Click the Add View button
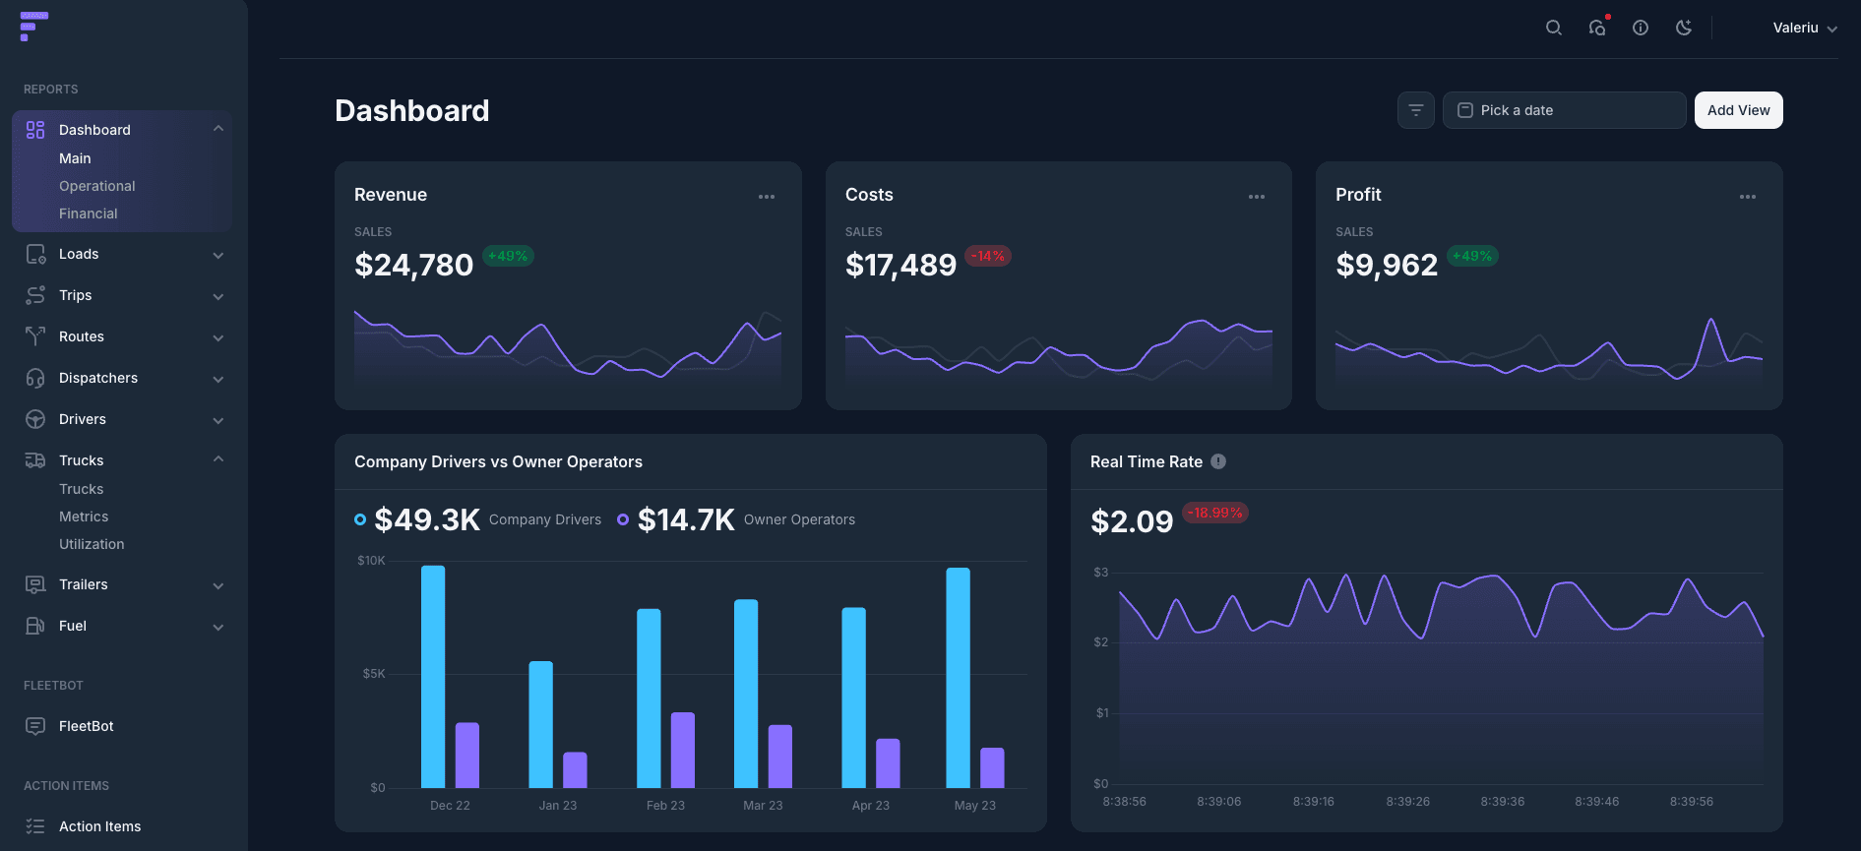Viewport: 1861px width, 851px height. click(1738, 110)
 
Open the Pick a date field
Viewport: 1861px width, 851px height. click(1563, 110)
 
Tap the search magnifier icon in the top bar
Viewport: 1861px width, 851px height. click(1553, 28)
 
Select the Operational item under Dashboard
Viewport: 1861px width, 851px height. click(96, 186)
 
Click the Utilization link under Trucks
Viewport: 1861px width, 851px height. click(92, 544)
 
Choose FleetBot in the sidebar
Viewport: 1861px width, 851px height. click(86, 726)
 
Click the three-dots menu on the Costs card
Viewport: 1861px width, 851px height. click(1256, 197)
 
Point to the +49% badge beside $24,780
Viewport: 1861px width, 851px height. click(508, 256)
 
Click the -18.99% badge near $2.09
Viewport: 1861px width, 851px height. click(1214, 513)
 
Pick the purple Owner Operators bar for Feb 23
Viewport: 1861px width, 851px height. click(682, 750)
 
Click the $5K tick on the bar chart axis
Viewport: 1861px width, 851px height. click(374, 674)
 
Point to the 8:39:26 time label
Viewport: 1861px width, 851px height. click(1407, 802)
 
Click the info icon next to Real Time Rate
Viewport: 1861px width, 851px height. click(1218, 461)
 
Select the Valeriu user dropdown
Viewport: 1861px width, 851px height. click(1804, 28)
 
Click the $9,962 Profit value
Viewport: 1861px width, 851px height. click(1386, 265)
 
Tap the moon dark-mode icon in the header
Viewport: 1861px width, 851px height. click(1684, 28)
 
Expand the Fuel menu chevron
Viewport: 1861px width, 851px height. click(218, 627)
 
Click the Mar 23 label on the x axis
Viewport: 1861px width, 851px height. click(763, 806)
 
